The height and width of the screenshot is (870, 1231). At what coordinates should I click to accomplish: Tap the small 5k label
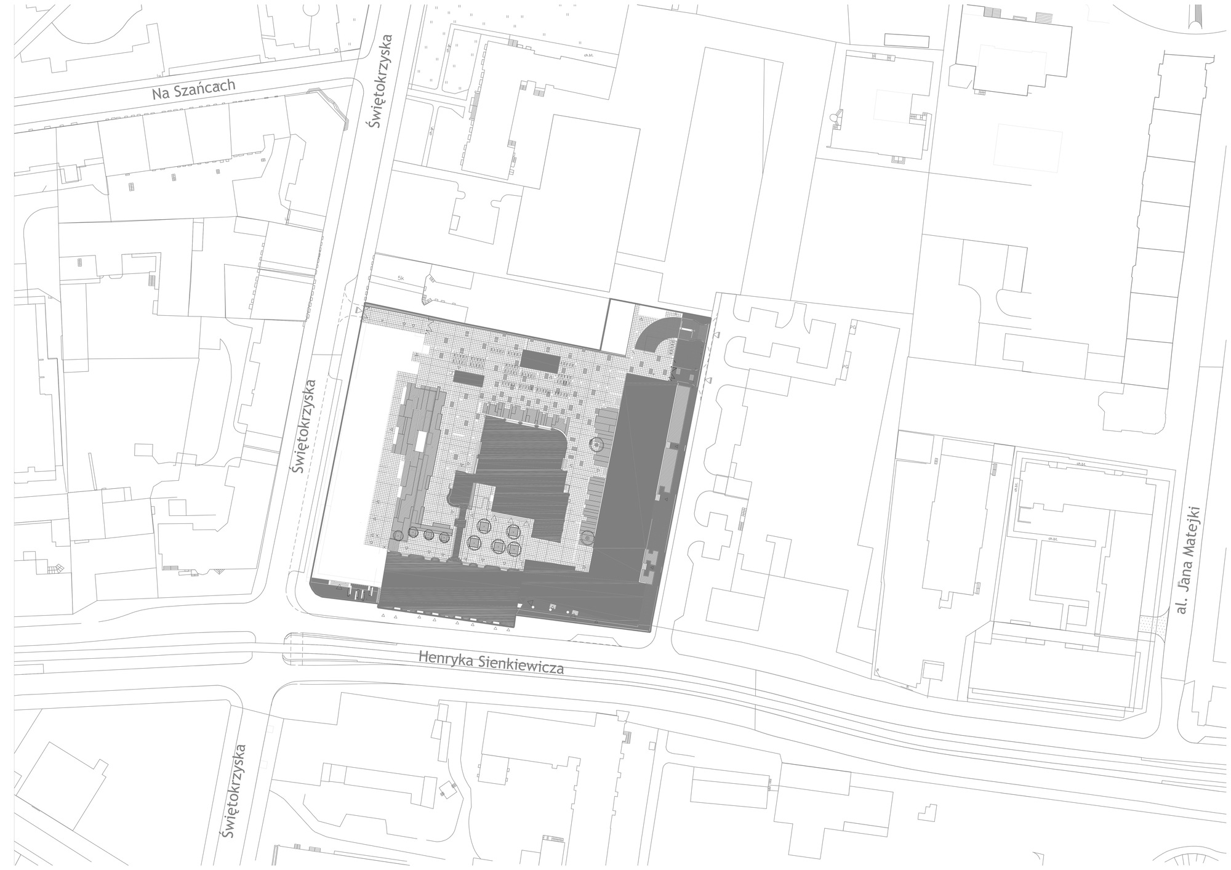coord(401,278)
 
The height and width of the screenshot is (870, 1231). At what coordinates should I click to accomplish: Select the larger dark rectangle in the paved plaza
coord(541,361)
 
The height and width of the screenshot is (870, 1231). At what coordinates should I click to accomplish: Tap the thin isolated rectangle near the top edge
coord(906,41)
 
